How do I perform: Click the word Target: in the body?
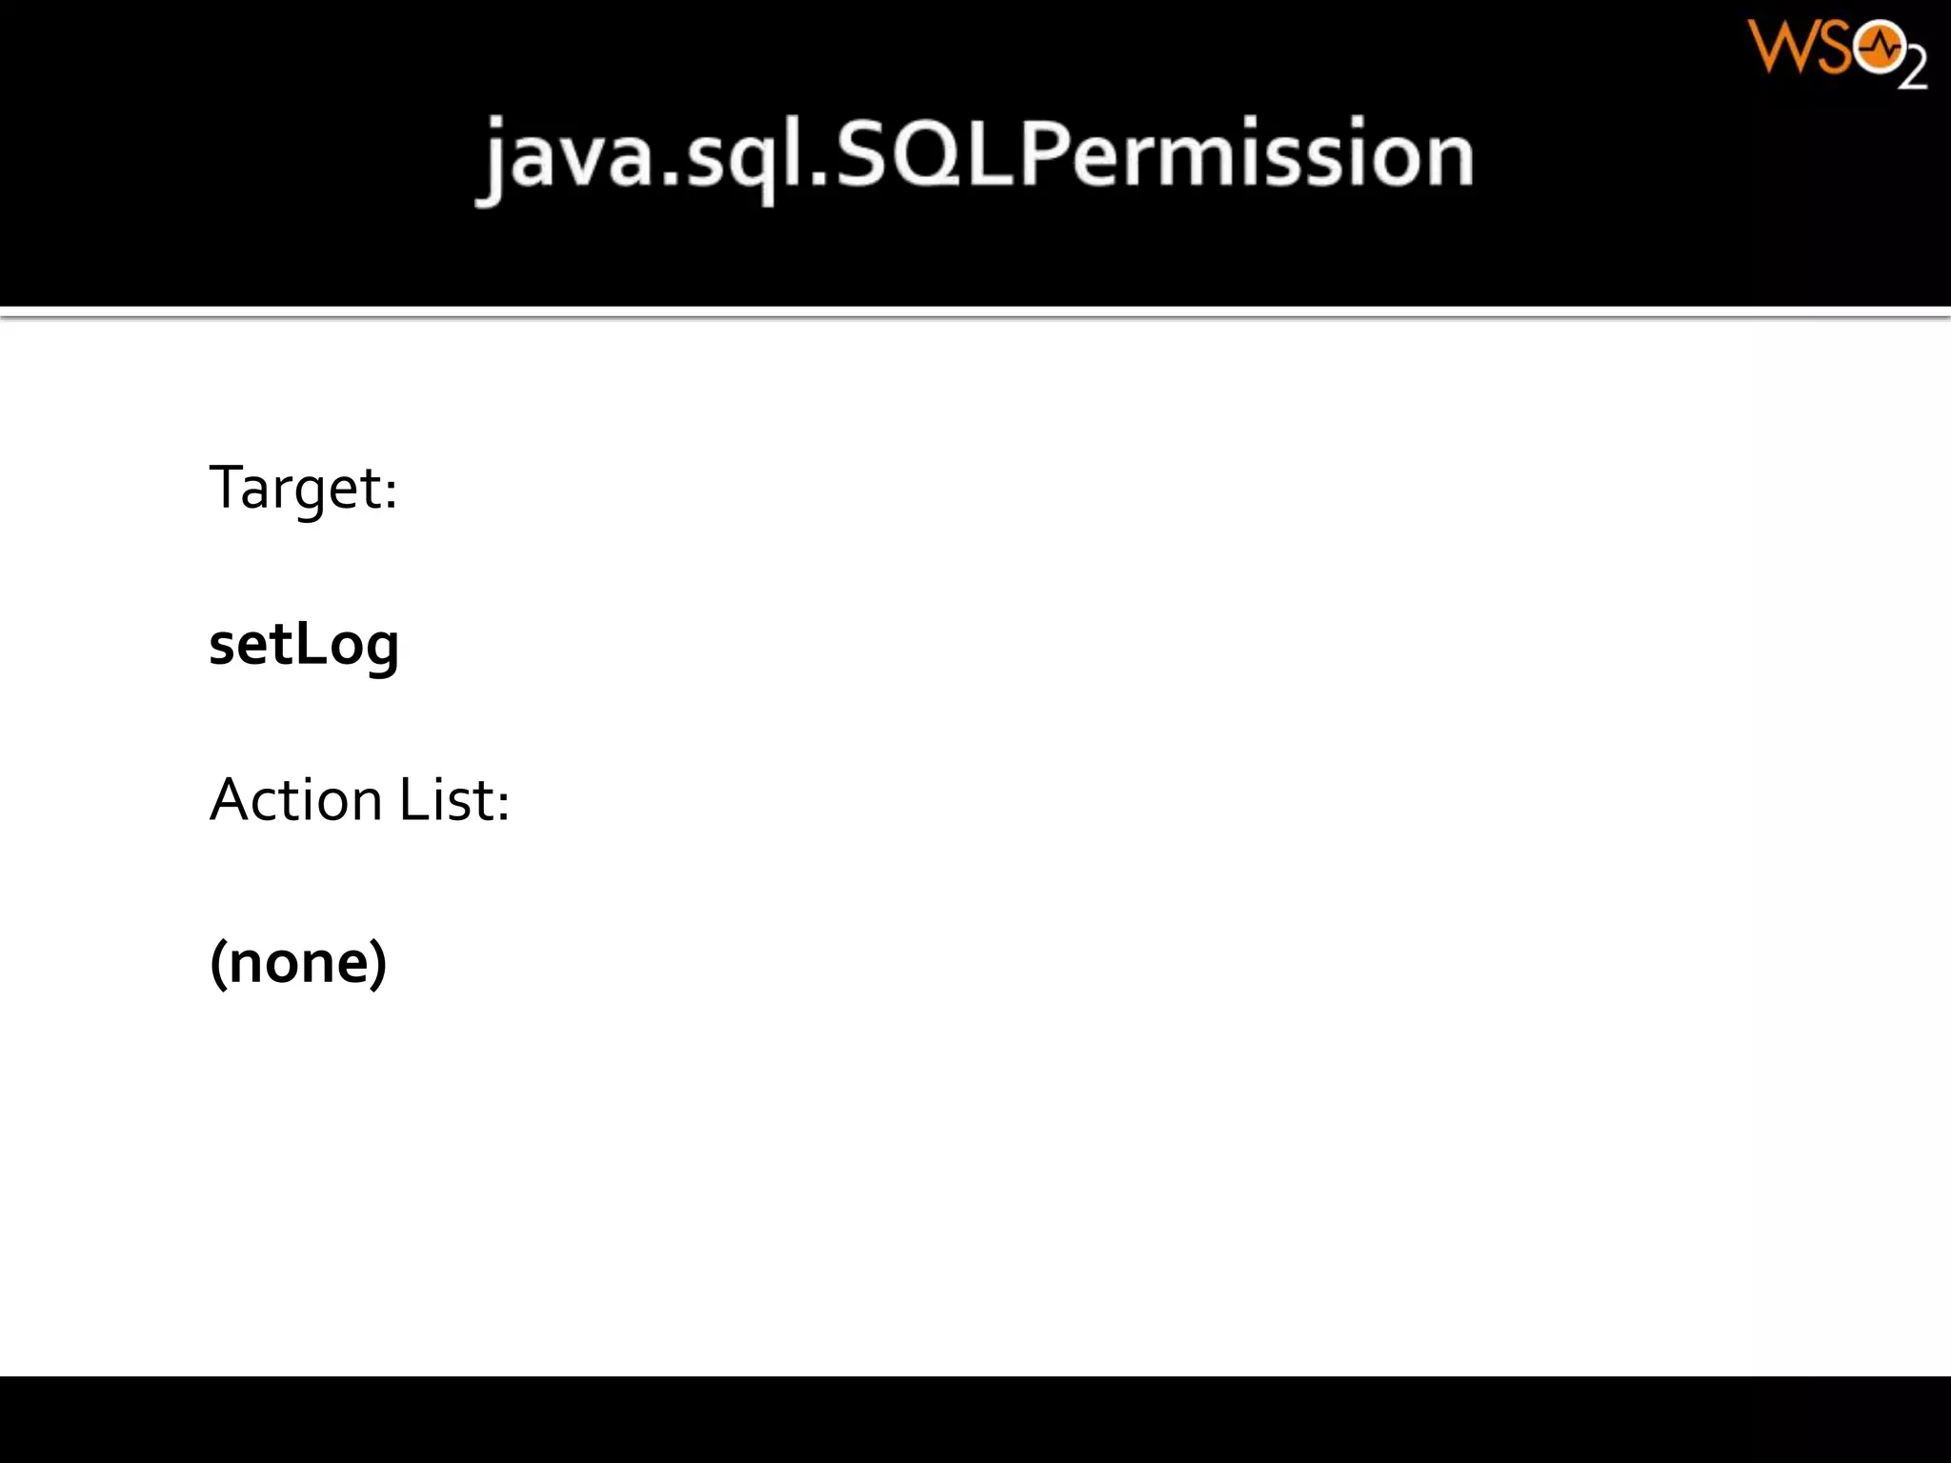tap(302, 490)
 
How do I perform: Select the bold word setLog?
tap(303, 646)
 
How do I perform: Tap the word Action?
tap(295, 799)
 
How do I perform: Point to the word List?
tap(454, 799)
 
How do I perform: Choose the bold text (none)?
tap(298, 962)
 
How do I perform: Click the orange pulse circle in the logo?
tap(1880, 48)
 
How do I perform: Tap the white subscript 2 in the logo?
tap(1913, 69)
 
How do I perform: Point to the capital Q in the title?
tap(959, 155)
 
